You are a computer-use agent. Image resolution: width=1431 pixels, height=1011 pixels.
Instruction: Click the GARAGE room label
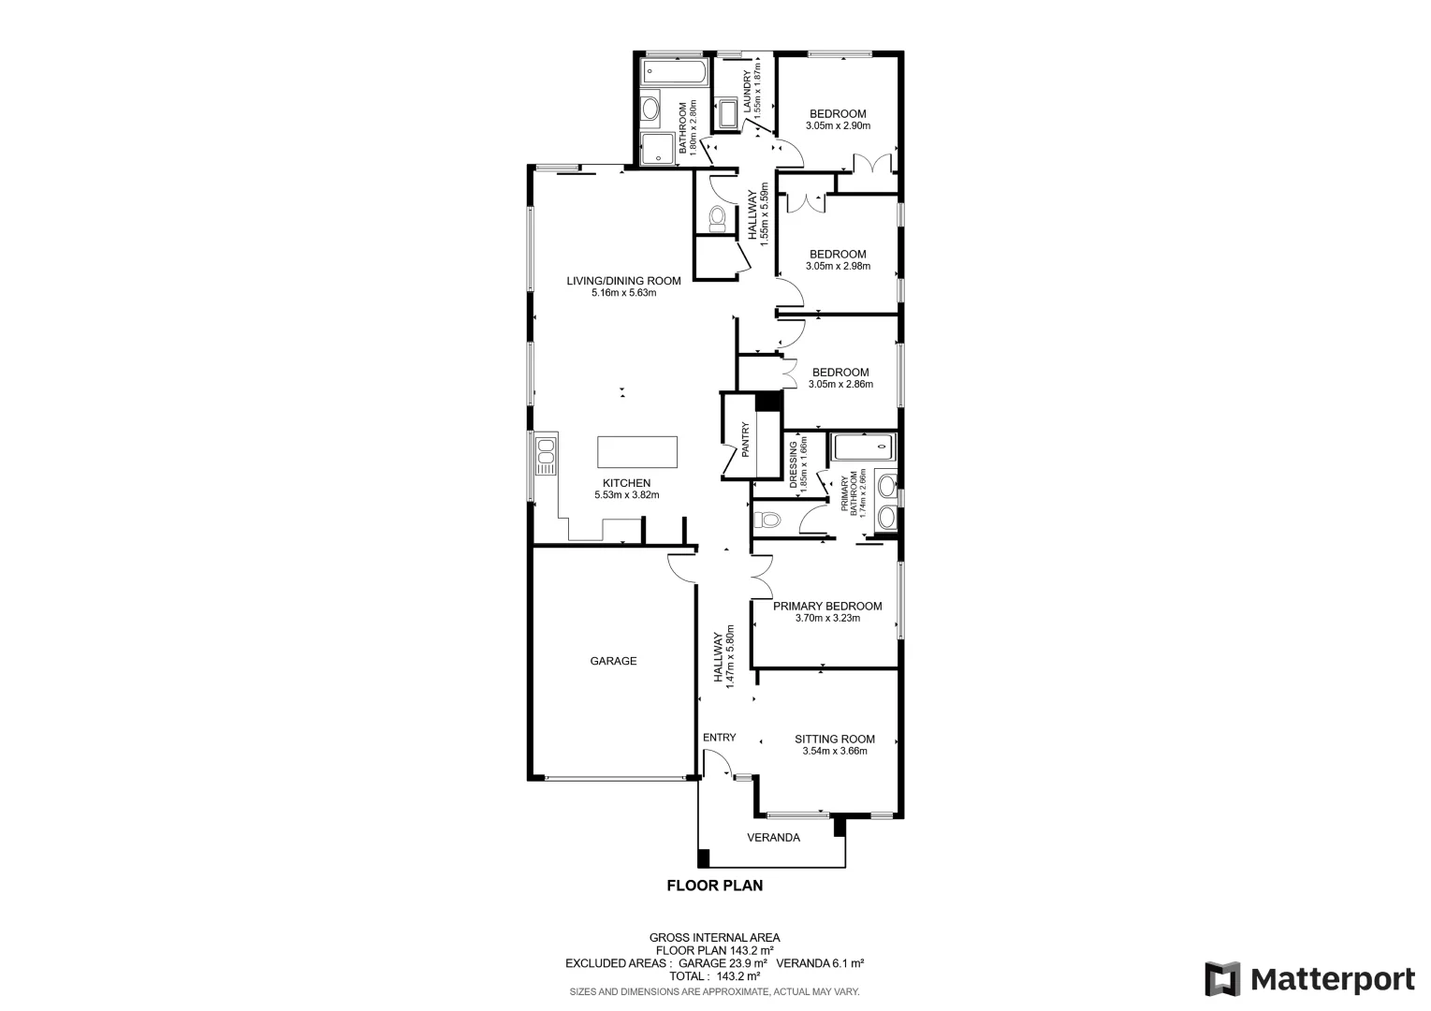pyautogui.click(x=613, y=661)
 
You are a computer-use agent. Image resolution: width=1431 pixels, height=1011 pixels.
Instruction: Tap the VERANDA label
pyautogui.click(x=773, y=837)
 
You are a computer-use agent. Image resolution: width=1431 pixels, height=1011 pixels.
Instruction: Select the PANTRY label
pyautogui.click(x=746, y=440)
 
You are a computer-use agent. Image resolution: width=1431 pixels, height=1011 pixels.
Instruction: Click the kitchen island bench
pyautogui.click(x=637, y=452)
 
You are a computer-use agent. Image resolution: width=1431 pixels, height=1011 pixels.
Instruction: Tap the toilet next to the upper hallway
pyautogui.click(x=717, y=218)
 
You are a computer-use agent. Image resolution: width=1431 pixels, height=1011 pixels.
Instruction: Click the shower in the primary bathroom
pyautogui.click(x=864, y=447)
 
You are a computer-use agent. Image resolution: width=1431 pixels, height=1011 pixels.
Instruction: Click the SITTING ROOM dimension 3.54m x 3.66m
pyautogui.click(x=835, y=751)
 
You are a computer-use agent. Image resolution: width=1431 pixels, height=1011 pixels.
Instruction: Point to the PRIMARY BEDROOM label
pyautogui.click(x=827, y=606)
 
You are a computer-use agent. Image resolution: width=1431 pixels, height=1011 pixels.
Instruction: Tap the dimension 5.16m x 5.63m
pyautogui.click(x=623, y=292)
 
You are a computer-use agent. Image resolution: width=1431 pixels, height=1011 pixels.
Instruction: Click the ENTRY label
pyautogui.click(x=720, y=737)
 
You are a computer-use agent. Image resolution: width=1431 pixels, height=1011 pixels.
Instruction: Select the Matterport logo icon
pyautogui.click(x=1222, y=979)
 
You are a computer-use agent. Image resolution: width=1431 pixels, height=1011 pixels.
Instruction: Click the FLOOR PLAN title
pyautogui.click(x=714, y=885)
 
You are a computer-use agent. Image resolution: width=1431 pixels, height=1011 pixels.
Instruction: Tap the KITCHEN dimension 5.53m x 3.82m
pyautogui.click(x=626, y=495)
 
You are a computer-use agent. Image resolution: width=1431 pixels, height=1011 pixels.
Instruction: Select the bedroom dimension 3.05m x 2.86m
pyautogui.click(x=840, y=384)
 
